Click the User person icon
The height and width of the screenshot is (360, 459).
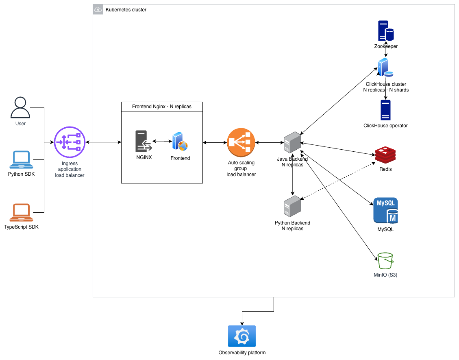click(20, 108)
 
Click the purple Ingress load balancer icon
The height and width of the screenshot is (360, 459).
click(70, 142)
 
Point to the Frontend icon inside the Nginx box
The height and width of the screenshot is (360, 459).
click(180, 142)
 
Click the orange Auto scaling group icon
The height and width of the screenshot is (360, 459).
click(241, 142)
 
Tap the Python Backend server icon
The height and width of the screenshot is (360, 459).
click(293, 207)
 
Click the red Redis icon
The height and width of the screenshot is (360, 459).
click(385, 155)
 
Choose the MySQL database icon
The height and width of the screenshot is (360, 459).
click(385, 211)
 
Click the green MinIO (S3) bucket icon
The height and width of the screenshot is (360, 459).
click(385, 261)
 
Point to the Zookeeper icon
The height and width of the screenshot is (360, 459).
click(385, 31)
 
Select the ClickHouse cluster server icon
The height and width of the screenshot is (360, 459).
click(385, 68)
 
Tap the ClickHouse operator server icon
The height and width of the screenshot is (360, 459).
click(385, 110)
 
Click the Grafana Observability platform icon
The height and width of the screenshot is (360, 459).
click(242, 336)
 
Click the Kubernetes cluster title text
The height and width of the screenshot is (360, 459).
click(126, 10)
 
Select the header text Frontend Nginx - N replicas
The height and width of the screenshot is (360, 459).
click(162, 107)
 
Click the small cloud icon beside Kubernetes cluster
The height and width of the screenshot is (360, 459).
click(98, 9)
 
